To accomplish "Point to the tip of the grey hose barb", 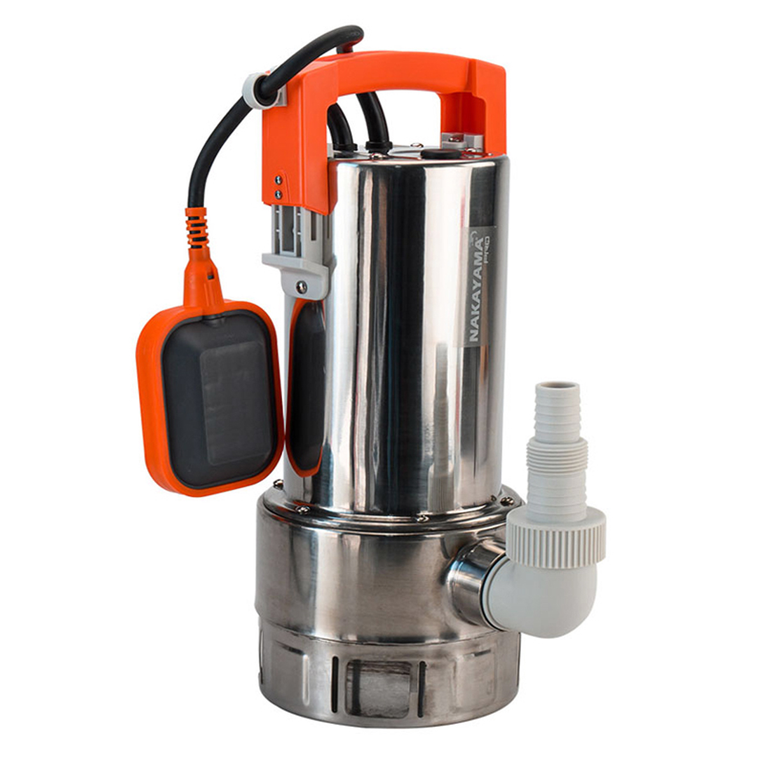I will click(557, 390).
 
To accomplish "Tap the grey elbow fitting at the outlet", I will click(544, 595).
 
